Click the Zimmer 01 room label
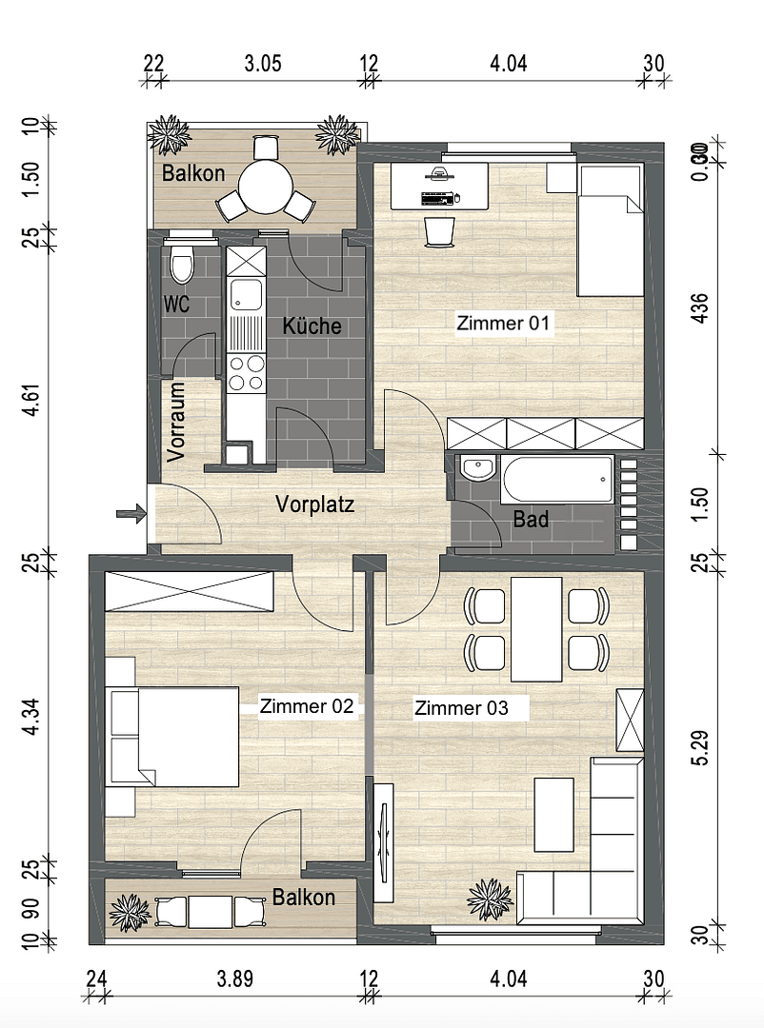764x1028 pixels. click(x=504, y=324)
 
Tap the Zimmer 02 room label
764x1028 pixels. click(x=307, y=706)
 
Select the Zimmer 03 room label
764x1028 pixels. click(x=460, y=708)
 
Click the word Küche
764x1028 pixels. click(x=312, y=326)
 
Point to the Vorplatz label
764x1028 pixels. click(x=314, y=504)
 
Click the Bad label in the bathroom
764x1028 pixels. click(x=531, y=520)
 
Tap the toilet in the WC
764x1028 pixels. click(x=181, y=264)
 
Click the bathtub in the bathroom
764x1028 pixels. click(x=557, y=482)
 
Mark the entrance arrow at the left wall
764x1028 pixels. click(x=131, y=515)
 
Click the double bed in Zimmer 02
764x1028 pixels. click(x=187, y=738)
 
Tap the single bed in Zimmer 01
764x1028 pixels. click(x=609, y=231)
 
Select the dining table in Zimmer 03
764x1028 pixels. click(x=536, y=629)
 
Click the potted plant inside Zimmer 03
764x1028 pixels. click(x=489, y=899)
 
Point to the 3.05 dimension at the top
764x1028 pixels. click(x=263, y=65)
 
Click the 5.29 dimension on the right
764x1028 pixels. click(x=701, y=747)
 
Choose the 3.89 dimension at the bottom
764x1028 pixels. click(x=235, y=979)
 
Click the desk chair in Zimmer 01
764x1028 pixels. click(x=439, y=230)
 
